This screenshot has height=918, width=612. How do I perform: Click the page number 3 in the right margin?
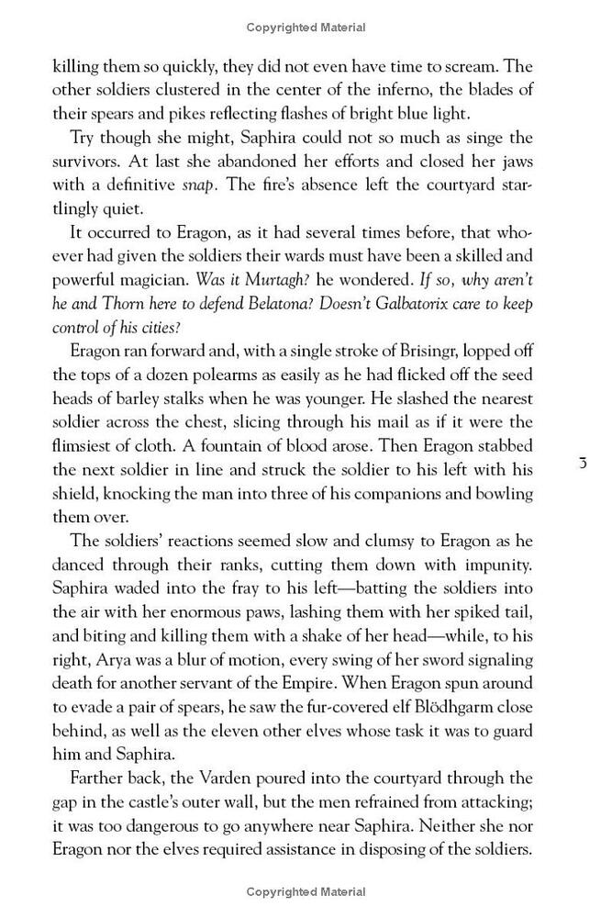583,463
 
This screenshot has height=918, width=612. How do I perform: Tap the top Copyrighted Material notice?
306,28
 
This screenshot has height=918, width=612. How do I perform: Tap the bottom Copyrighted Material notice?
306,890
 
